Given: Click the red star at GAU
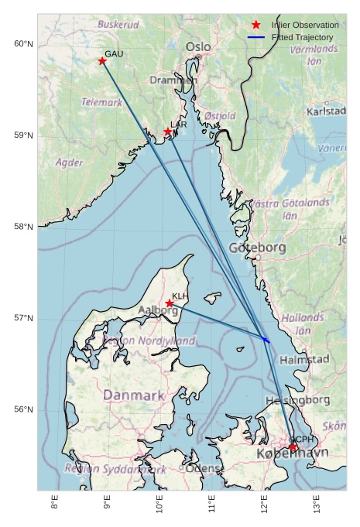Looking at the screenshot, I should click(x=102, y=61).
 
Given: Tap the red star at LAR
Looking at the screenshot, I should click(x=167, y=132).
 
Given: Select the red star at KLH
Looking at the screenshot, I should click(x=170, y=303).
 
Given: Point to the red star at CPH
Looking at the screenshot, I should click(x=293, y=447).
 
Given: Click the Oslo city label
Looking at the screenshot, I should click(x=198, y=47).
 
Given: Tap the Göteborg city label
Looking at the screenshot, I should click(x=257, y=248).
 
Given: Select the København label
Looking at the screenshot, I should click(x=292, y=453).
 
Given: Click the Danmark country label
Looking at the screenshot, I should click(x=134, y=395).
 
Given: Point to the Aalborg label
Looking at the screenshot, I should click(x=158, y=310).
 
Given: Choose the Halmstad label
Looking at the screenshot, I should click(x=304, y=360).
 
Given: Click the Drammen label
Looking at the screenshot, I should click(x=173, y=80).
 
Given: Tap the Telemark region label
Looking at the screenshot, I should click(x=101, y=102).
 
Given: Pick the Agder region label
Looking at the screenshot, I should click(x=70, y=163).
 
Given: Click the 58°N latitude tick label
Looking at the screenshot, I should click(x=23, y=227).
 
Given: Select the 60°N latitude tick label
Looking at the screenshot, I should click(x=23, y=43).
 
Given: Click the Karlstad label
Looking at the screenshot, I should click(x=326, y=111).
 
